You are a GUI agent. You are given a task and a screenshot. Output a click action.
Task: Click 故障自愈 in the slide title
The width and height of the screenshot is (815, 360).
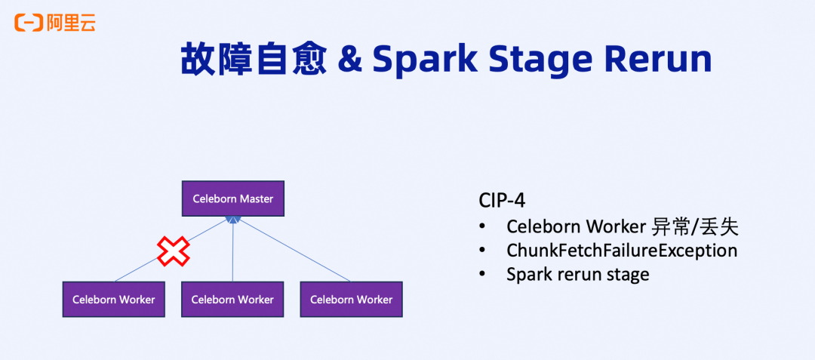click(x=253, y=59)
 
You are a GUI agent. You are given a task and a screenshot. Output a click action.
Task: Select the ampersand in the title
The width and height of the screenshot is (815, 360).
click(x=349, y=60)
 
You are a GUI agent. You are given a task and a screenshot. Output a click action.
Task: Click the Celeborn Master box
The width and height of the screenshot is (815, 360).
click(x=232, y=198)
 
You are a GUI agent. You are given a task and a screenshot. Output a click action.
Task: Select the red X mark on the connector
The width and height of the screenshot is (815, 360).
click(x=173, y=251)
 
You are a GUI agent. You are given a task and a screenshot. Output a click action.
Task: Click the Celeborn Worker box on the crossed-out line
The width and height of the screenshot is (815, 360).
click(x=113, y=299)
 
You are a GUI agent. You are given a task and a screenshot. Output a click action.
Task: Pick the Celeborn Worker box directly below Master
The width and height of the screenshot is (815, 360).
click(x=232, y=299)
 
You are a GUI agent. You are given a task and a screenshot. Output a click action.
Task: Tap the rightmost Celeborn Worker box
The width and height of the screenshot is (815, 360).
click(x=351, y=299)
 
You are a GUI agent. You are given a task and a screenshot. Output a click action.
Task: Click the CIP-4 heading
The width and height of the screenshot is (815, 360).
click(x=502, y=201)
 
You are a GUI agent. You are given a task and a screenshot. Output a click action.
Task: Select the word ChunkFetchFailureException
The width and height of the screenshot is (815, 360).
click(x=622, y=250)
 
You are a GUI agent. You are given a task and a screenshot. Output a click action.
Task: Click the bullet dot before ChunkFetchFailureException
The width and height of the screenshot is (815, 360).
click(x=483, y=251)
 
